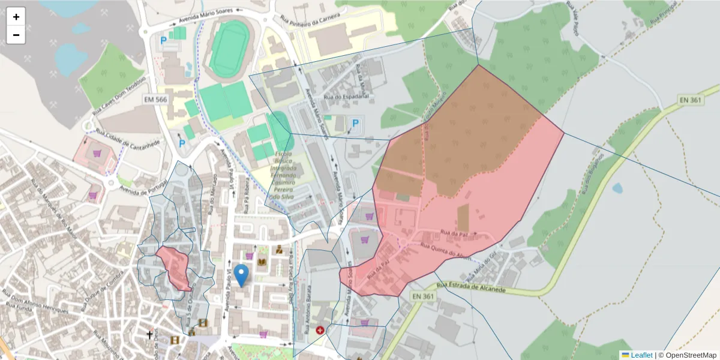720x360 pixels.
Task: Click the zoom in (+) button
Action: (16, 17)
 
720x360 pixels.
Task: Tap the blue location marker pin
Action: (241, 275)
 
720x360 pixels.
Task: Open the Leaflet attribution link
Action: (641, 355)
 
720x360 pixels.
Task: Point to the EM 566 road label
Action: (156, 99)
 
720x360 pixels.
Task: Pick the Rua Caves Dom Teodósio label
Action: (120, 96)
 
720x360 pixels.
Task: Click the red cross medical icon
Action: (320, 330)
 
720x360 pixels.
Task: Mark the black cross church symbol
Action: (149, 334)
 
